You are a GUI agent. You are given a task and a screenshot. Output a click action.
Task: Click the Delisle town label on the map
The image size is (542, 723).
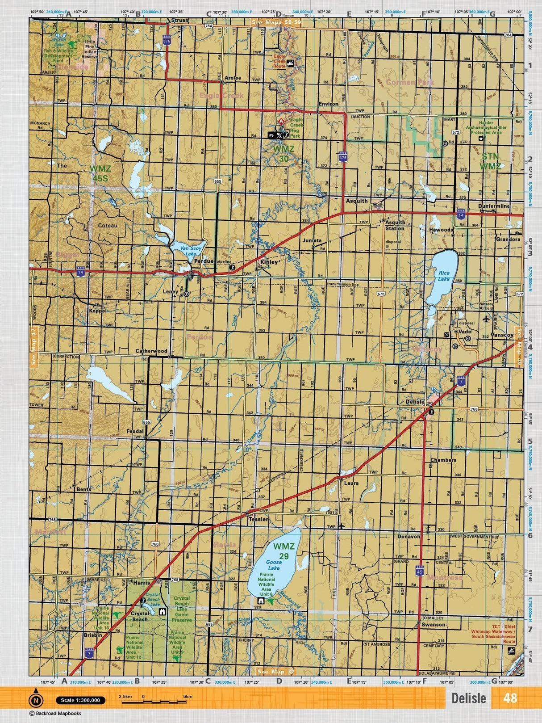point(415,402)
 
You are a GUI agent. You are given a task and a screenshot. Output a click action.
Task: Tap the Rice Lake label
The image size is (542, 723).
point(444,276)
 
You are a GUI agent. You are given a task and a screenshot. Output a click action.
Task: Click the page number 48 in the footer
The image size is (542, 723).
point(510,698)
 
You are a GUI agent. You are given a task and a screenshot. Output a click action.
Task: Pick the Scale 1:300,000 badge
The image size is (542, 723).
point(80,700)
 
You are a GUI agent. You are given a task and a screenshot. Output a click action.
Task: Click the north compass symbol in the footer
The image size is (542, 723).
point(36,700)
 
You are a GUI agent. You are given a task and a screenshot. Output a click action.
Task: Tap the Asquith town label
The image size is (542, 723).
point(357,201)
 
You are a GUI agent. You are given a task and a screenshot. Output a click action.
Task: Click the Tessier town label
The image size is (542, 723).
point(258,519)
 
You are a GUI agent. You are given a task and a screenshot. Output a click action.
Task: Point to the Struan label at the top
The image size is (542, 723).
point(180,21)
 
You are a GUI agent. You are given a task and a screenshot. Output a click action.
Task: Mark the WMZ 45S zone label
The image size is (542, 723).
point(100,173)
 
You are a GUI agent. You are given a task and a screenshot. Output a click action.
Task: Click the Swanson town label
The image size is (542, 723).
point(434,624)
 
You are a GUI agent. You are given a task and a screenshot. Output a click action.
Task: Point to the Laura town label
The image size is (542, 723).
point(351,483)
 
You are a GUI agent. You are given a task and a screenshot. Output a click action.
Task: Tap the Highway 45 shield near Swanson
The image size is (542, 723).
point(419,571)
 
